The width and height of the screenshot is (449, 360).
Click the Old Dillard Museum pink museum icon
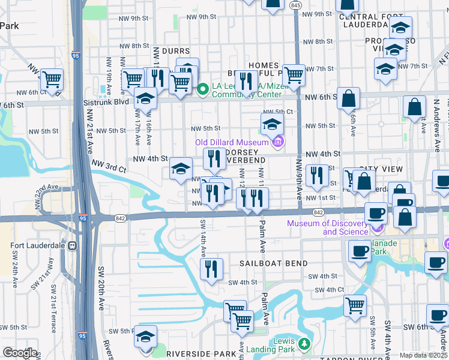point(277,142)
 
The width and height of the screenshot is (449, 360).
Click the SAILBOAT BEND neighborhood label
point(274,263)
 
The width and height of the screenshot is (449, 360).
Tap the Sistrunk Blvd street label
point(104,103)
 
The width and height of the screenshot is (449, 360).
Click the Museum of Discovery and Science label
point(328,227)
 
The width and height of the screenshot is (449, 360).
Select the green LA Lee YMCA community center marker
point(203,90)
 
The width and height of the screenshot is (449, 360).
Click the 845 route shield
point(295,5)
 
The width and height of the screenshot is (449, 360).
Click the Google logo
point(20,353)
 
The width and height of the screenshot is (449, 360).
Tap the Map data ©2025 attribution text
point(423,355)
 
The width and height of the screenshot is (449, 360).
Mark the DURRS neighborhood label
point(171,52)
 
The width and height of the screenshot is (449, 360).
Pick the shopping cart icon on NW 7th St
point(293,75)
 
